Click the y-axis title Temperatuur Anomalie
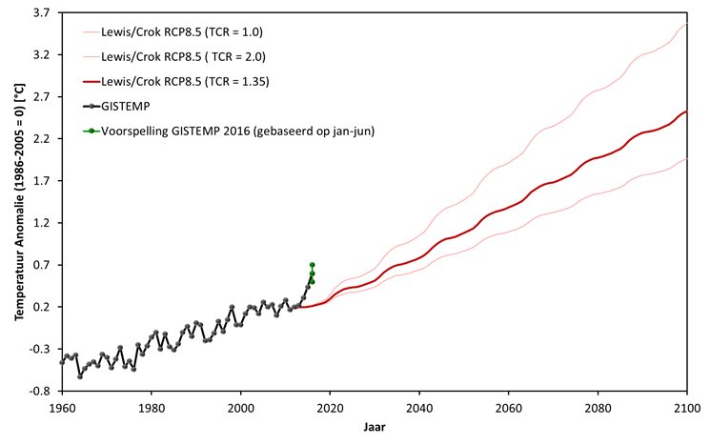tap(19, 203)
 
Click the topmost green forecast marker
tap(313, 264)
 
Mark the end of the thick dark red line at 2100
tap(686, 111)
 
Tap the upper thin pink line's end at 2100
tap(686, 24)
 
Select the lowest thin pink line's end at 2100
tap(686, 159)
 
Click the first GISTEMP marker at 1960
tap(62, 362)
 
